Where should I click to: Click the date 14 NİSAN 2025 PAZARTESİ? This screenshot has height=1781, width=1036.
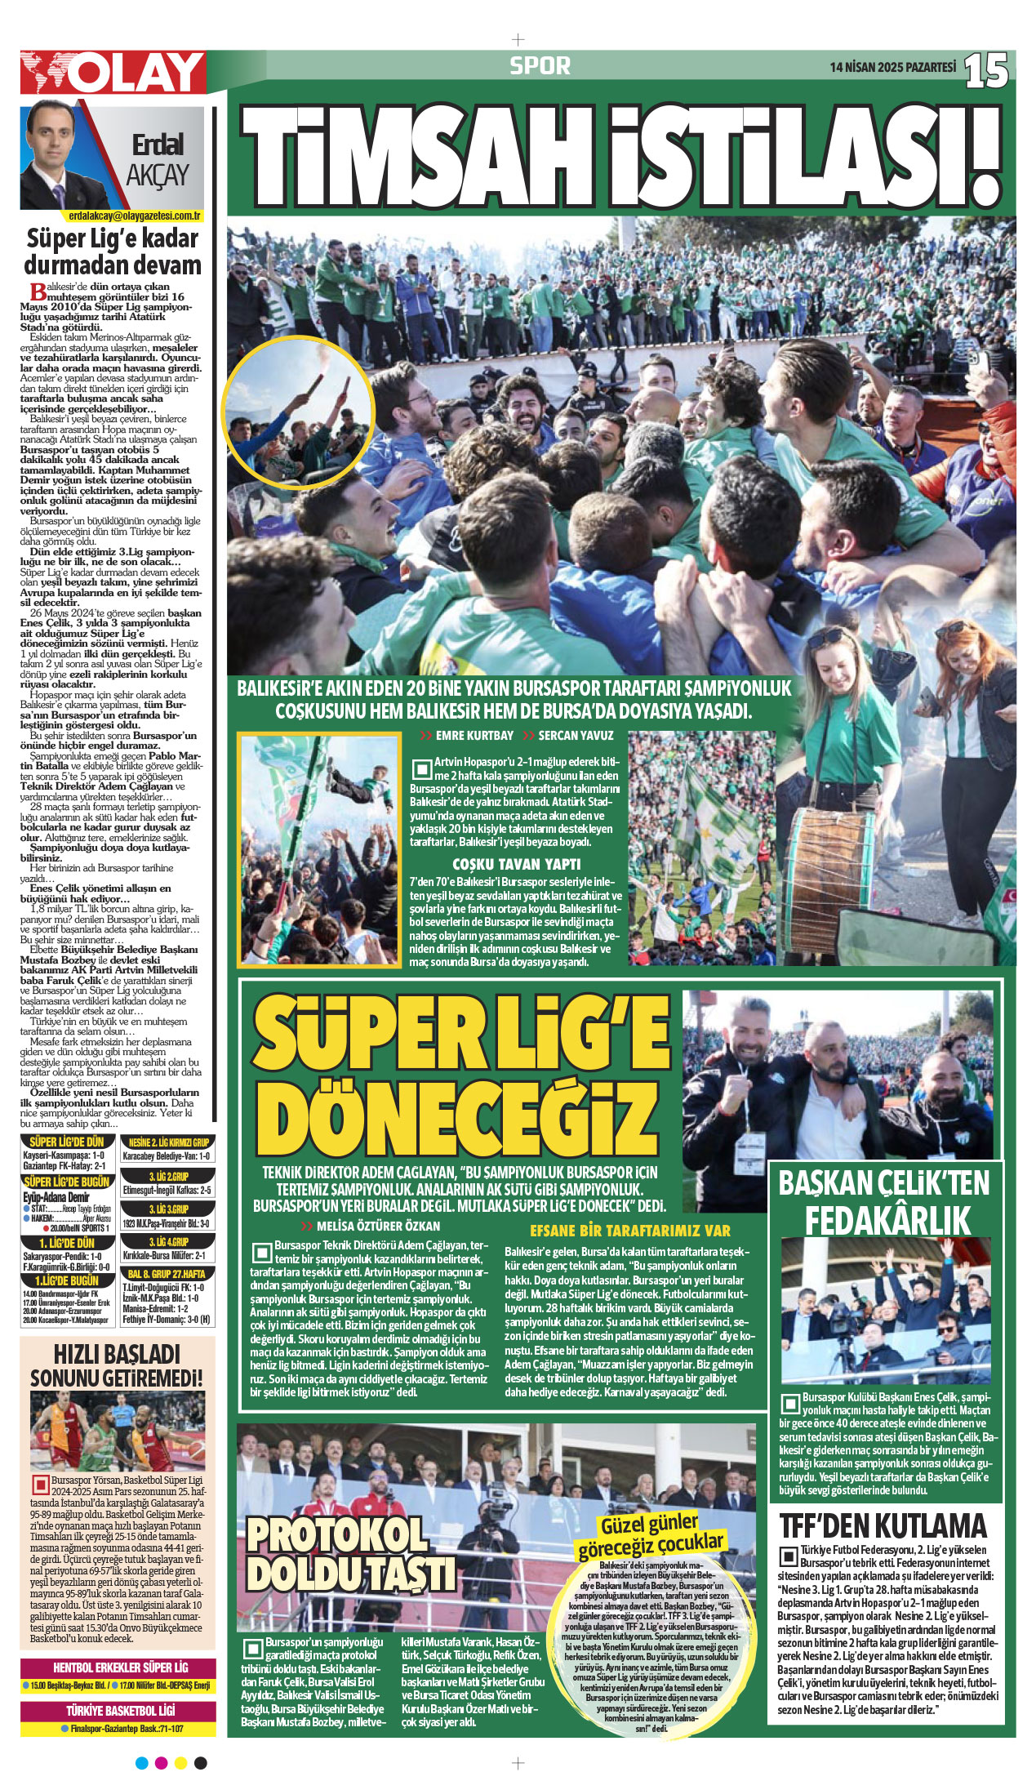(892, 69)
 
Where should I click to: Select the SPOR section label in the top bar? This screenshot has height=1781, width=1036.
(540, 66)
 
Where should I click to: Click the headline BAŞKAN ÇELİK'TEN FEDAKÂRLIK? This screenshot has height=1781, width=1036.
(884, 1202)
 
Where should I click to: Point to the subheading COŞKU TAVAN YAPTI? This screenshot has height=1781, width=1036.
(516, 864)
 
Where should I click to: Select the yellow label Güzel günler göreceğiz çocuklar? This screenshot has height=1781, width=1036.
(651, 1534)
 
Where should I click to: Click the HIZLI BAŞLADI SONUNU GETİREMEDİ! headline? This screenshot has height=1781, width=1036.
(116, 1365)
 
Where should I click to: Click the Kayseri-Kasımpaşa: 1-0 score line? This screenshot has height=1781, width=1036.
(64, 1155)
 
